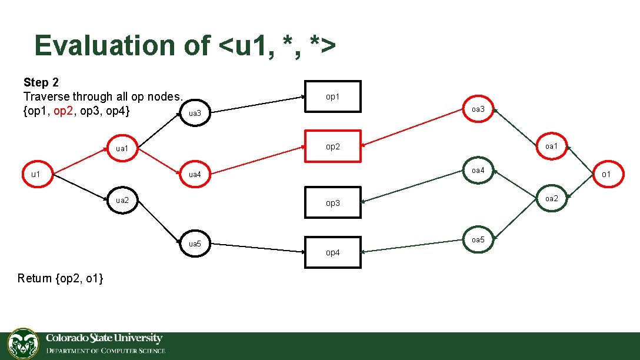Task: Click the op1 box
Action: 332,96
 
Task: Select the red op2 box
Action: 332,146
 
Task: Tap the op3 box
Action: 332,202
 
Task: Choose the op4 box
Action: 332,252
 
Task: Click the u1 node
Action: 36,174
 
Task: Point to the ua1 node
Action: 122,148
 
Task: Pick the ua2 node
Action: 122,200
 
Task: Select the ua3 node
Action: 195,113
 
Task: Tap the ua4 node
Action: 195,174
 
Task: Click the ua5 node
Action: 195,244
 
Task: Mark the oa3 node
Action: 478,109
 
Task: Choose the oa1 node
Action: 551,146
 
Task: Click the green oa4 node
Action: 478,171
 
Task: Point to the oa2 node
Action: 551,198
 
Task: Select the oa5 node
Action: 478,239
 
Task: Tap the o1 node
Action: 606,174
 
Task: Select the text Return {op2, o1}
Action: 61,278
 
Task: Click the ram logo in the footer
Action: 23,344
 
